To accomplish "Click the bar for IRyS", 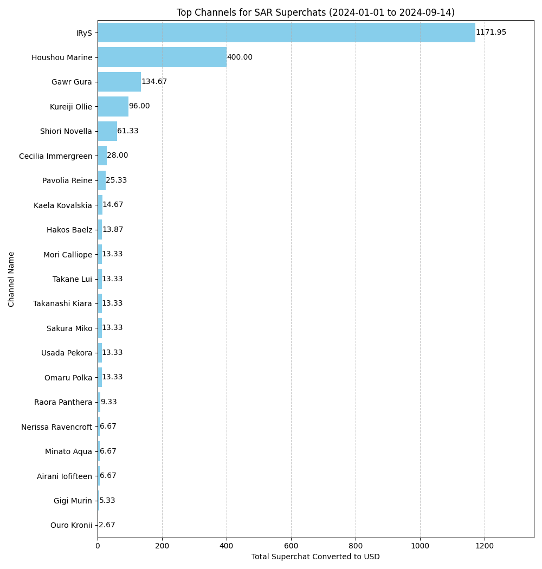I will pyautogui.click(x=286, y=33).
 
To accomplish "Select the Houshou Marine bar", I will pyautogui.click(x=162, y=57).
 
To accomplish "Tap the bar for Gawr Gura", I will pyautogui.click(x=119, y=82).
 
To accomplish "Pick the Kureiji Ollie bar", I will pyautogui.click(x=113, y=106).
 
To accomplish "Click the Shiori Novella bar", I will pyautogui.click(x=107, y=131).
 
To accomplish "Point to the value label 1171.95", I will pyautogui.click(x=491, y=33).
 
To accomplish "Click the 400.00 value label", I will pyautogui.click(x=240, y=57).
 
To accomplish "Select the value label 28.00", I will pyautogui.click(x=118, y=156).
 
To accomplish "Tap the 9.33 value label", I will pyautogui.click(x=108, y=402).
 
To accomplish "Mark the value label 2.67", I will pyautogui.click(x=107, y=525).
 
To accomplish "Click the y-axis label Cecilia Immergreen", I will pyautogui.click(x=55, y=156).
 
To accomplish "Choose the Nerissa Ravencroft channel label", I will pyautogui.click(x=56, y=427).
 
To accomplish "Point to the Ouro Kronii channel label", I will pyautogui.click(x=71, y=525).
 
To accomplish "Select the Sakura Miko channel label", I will pyautogui.click(x=69, y=328).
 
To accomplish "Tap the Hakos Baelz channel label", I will pyautogui.click(x=69, y=230).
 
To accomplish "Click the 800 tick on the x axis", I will pyautogui.click(x=356, y=546).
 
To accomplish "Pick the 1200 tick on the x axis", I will pyautogui.click(x=485, y=546).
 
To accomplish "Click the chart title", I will pyautogui.click(x=315, y=12).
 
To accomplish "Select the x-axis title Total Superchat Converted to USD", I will pyautogui.click(x=315, y=557).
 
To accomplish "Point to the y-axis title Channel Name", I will pyautogui.click(x=12, y=279).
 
